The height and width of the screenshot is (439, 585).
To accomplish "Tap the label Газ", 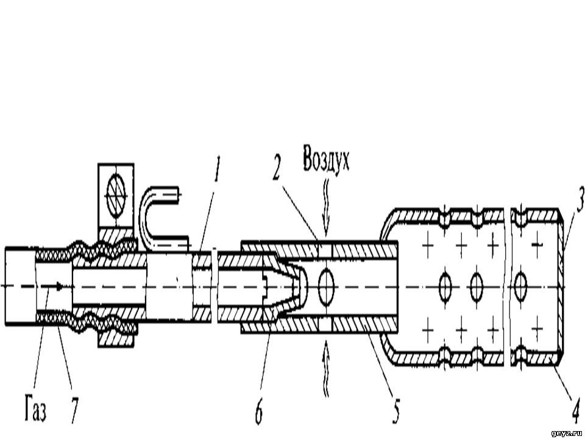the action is tap(36, 410).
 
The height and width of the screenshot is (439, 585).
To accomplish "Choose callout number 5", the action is tap(397, 410).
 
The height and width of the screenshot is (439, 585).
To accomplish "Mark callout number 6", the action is tap(258, 411).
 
